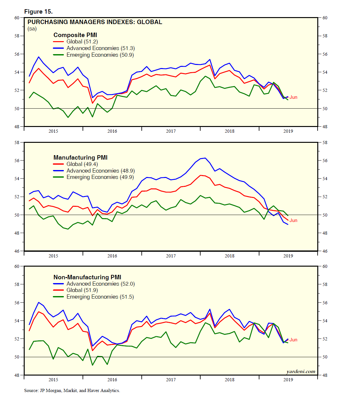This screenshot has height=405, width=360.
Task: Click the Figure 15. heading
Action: coord(38,12)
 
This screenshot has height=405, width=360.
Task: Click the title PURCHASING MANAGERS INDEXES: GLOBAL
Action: coord(95,22)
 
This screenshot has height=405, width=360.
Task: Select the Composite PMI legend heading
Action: coord(75,35)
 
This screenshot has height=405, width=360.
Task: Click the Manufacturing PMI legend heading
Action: coord(80,158)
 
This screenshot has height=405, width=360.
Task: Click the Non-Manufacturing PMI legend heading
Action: coord(87,277)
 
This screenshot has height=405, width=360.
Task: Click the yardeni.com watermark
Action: coord(301,372)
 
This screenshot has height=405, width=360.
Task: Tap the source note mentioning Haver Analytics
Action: coord(72,391)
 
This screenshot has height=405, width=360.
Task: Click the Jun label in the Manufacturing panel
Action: coord(293,220)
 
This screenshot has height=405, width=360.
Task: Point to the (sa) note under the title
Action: coord(32,29)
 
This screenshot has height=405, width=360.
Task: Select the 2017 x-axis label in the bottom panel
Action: coord(171,380)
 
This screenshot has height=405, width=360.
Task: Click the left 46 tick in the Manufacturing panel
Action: coord(17,251)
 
